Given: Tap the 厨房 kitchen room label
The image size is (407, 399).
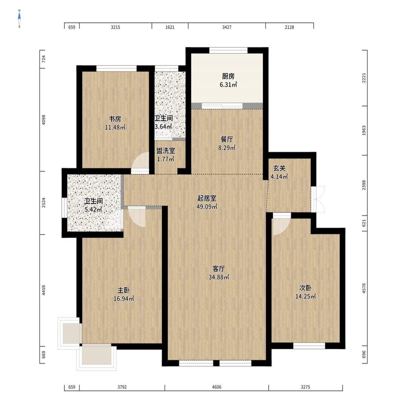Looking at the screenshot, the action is [x=228, y=76].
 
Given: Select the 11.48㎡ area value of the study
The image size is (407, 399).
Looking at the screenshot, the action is [x=115, y=127].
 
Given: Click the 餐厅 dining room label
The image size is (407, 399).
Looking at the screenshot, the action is [x=226, y=139].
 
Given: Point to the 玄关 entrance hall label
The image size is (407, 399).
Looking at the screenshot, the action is [x=279, y=168].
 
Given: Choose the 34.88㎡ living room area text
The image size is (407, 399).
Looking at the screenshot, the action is [x=219, y=277].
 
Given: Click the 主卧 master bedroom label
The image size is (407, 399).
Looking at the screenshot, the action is [x=124, y=290].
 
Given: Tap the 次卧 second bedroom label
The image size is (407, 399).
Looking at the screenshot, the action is [x=305, y=288].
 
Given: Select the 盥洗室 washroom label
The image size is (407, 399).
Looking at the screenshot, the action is [x=165, y=151].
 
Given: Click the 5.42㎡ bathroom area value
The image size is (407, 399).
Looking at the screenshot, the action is [x=93, y=210].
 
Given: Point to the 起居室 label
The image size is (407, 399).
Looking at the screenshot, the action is [x=207, y=198].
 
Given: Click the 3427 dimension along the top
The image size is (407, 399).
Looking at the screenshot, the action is [x=227, y=27].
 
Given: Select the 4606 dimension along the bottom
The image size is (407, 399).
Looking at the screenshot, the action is [x=217, y=387].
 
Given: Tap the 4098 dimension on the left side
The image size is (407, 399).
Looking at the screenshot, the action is [x=44, y=120].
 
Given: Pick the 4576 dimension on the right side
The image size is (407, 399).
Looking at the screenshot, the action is [x=364, y=288].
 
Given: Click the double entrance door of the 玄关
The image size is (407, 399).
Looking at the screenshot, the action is [x=318, y=199].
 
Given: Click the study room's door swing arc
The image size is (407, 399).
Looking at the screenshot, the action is [x=140, y=163].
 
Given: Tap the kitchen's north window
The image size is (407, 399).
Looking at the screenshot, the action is [x=228, y=50].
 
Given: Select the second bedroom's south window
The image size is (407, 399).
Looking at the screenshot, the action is [x=309, y=346].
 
